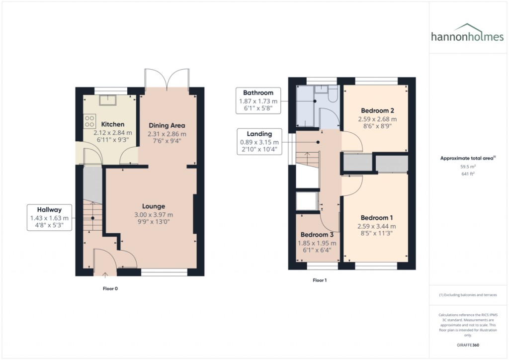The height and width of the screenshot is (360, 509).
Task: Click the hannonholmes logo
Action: point(467,33)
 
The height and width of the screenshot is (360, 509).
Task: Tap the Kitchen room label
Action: point(113,124)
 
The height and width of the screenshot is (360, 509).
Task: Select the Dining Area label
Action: point(167,125)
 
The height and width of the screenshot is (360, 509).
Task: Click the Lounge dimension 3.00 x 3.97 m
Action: point(154,215)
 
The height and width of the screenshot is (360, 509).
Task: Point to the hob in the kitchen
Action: point(89,121)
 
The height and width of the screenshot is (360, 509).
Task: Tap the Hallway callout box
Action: point(49,217)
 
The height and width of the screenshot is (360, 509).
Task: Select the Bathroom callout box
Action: point(258,100)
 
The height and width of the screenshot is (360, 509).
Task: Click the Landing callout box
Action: point(259,142)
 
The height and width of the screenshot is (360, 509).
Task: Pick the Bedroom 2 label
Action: point(377,110)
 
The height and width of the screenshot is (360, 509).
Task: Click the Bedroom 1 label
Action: point(377,217)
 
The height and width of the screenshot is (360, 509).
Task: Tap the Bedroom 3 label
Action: point(317,234)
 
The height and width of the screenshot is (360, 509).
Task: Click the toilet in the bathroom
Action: point(333,93)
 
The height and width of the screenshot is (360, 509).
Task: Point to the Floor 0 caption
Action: point(110,288)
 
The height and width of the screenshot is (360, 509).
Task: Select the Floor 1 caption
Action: point(320,280)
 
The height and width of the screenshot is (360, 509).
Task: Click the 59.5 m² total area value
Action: point(468,167)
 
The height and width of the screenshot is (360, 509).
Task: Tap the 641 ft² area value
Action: point(468,174)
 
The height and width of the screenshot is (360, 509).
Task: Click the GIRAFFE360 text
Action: point(468,345)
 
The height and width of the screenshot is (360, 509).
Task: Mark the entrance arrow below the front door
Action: point(105,275)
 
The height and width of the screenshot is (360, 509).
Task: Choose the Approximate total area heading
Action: point(468,158)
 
